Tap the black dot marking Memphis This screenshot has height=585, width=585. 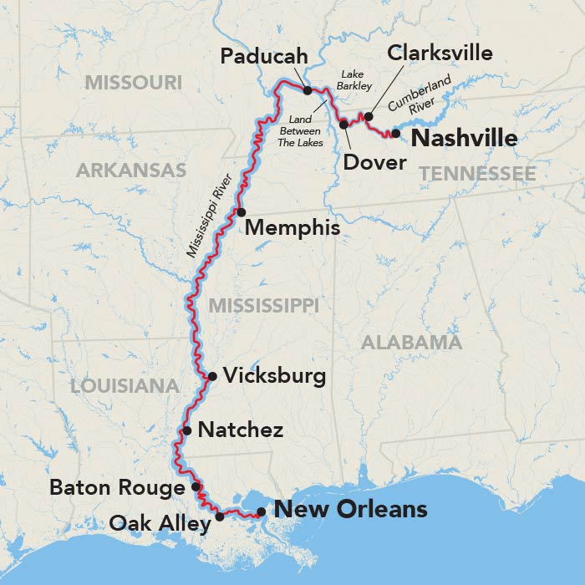click(x=242, y=212)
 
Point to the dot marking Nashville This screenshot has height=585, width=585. click(x=396, y=133)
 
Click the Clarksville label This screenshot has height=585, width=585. click(x=440, y=54)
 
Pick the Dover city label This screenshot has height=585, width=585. click(x=375, y=161)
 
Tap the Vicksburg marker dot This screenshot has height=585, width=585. click(x=211, y=376)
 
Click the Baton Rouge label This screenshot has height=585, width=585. click(x=117, y=487)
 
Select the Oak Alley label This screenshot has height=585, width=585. click(x=159, y=524)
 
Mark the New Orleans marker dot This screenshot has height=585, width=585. click(x=262, y=511)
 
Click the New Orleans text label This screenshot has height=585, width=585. click(x=350, y=509)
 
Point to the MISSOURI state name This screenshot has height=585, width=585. click(x=134, y=82)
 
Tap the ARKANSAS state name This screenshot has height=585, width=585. click(x=131, y=170)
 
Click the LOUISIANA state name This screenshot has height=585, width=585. click(x=125, y=386)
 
